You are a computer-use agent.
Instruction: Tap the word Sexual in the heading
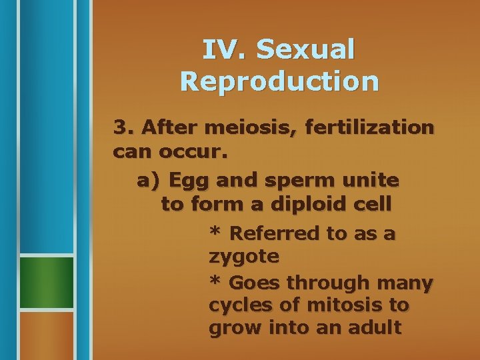pos(305,49)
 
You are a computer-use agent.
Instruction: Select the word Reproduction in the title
pos(279,81)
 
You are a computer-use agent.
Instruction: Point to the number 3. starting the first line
pos(125,126)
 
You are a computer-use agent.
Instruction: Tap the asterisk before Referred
pos(215,233)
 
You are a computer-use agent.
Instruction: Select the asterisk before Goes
pos(215,282)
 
